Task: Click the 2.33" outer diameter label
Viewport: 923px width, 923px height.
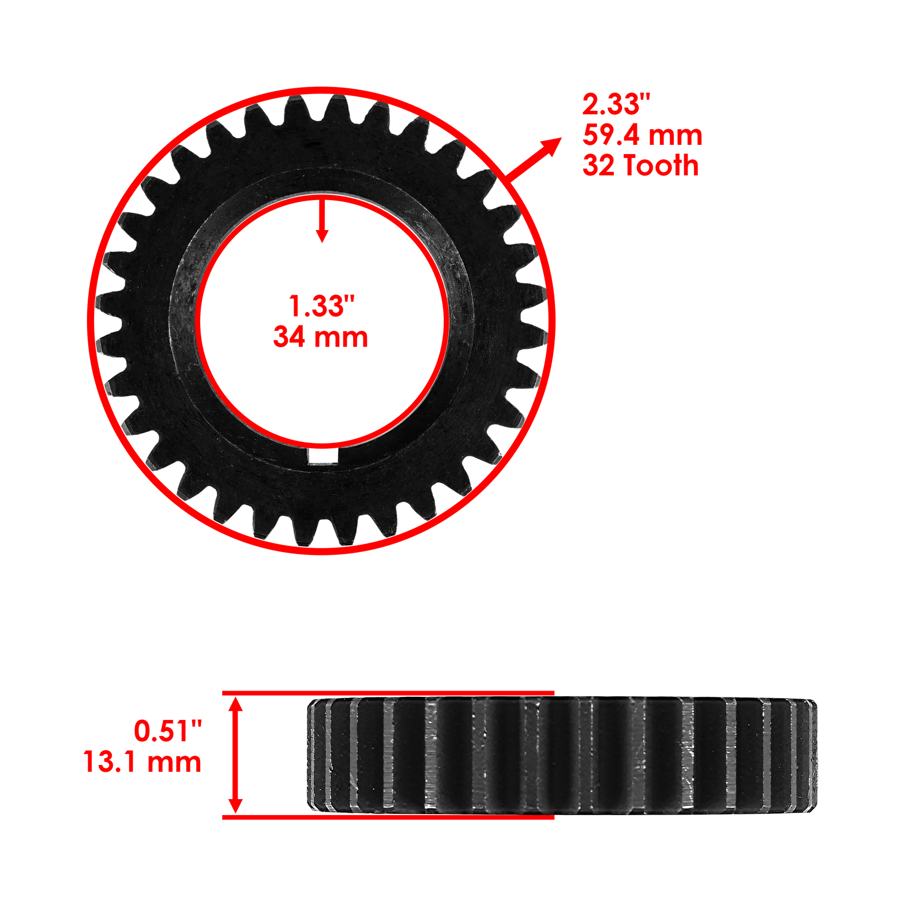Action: click(616, 104)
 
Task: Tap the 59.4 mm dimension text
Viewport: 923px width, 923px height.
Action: click(642, 135)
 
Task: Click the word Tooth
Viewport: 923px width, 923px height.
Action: click(662, 166)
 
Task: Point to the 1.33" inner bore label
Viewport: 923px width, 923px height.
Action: click(321, 306)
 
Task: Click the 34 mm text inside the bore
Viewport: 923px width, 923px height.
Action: click(321, 337)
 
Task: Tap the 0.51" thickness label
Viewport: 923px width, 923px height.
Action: click(168, 731)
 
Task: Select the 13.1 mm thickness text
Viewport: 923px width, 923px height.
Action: click(142, 761)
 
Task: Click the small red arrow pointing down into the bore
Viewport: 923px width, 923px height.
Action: click(322, 219)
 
